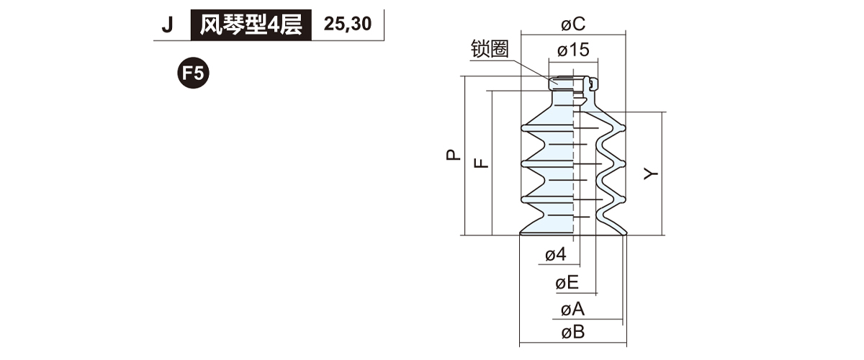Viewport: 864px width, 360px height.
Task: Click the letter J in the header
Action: (168, 25)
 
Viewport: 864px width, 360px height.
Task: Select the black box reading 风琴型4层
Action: (251, 25)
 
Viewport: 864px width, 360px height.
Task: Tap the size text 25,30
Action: (348, 24)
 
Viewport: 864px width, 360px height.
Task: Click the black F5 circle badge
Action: (193, 73)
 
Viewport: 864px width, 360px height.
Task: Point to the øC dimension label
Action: (573, 24)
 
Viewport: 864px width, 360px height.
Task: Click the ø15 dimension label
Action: (573, 50)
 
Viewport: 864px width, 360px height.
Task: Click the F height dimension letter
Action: (482, 163)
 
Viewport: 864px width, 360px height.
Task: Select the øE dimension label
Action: (567, 283)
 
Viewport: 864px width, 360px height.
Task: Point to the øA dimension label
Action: (572, 310)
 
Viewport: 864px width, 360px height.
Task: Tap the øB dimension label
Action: (573, 333)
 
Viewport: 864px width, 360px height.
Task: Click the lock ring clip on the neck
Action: (591, 84)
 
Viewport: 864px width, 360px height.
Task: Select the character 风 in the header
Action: (209, 25)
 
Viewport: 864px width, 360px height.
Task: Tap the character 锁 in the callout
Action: (481, 49)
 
